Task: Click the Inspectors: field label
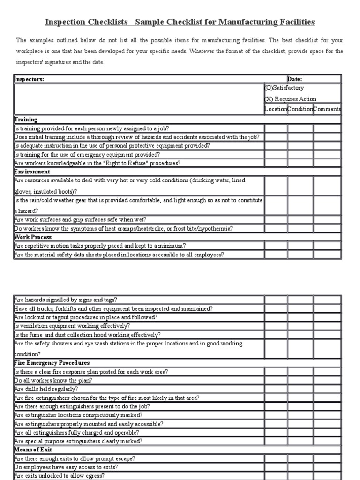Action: pyautogui.click(x=29, y=79)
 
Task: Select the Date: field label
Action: pyautogui.click(x=295, y=79)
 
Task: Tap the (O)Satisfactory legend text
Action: pyautogui.click(x=285, y=88)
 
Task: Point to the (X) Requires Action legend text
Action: pyautogui.click(x=290, y=99)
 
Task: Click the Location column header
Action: pyautogui.click(x=276, y=109)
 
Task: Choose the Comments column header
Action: pyautogui.click(x=327, y=109)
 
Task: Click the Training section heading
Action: pyautogui.click(x=26, y=120)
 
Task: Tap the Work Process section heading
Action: pyautogui.click(x=33, y=237)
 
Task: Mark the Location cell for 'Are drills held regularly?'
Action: pyautogui.click(x=276, y=389)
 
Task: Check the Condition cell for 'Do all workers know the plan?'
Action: pyautogui.click(x=300, y=380)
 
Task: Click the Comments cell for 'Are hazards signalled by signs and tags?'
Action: pyautogui.click(x=327, y=300)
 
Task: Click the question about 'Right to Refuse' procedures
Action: pyautogui.click(x=97, y=163)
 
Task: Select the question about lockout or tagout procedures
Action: pyautogui.click(x=86, y=317)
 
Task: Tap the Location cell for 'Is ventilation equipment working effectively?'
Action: pyautogui.click(x=276, y=326)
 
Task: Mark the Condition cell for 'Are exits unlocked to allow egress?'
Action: pyautogui.click(x=300, y=475)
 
